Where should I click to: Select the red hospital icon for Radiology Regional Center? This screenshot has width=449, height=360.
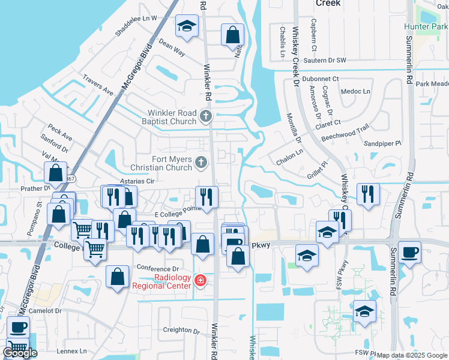click(200, 281)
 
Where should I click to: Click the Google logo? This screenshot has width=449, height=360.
click(20, 352)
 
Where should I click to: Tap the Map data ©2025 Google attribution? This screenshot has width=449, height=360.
click(412, 355)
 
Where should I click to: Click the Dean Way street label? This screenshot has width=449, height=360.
click(171, 47)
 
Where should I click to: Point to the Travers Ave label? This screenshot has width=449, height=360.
click(98, 85)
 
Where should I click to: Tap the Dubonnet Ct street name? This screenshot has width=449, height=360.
click(321, 79)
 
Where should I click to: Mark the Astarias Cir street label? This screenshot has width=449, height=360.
click(137, 180)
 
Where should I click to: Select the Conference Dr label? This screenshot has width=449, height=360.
click(158, 268)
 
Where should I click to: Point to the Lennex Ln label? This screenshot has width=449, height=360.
click(71, 351)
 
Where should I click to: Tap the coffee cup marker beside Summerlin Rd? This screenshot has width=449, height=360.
click(409, 251)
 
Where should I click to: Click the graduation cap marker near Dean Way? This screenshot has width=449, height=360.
click(187, 26)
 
